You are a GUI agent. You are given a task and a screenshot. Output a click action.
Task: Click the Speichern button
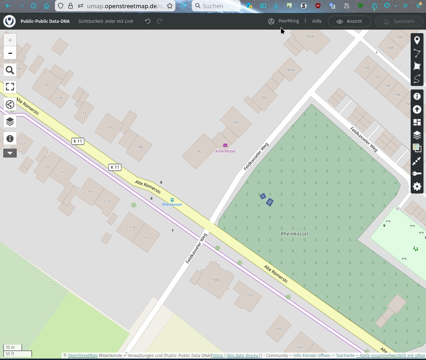pyautogui.click(x=399, y=21)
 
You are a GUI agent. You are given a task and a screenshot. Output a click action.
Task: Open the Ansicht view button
pyautogui.click(x=349, y=21)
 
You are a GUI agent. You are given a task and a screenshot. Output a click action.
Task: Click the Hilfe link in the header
pyautogui.click(x=317, y=21)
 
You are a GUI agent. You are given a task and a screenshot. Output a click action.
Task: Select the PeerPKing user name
pyautogui.click(x=288, y=21)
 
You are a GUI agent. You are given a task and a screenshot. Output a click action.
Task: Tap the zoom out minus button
pyautogui.click(x=10, y=53)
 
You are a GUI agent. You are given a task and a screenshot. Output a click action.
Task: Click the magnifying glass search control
pyautogui.click(x=10, y=70)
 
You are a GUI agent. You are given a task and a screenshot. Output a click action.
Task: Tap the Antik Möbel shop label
pyautogui.click(x=225, y=151)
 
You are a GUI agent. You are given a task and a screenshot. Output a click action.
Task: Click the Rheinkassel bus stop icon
pyautogui.click(x=172, y=200)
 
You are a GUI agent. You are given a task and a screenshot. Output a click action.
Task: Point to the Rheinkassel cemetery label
pyautogui.click(x=294, y=234)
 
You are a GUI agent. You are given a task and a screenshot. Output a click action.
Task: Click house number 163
pyautogui.click(x=236, y=122)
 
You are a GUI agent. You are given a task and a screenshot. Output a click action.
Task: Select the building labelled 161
pyautogui.click(x=200, y=151)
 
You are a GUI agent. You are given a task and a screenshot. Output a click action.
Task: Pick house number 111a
pyautogui.click(x=131, y=227)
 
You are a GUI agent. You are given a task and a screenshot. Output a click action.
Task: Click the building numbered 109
pyautogui.click(x=215, y=280)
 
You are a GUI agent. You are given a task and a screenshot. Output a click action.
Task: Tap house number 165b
pyautogui.click(x=310, y=36)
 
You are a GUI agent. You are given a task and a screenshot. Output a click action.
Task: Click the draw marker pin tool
pyautogui.click(x=417, y=40)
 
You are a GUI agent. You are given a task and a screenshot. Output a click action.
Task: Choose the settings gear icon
pyautogui.click(x=417, y=186)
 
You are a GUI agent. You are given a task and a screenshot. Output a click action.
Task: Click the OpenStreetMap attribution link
pyautogui.click(x=83, y=356)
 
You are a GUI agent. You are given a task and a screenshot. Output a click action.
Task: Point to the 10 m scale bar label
pyautogui.click(x=10, y=348)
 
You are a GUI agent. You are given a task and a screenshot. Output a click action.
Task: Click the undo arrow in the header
pyautogui.click(x=148, y=21)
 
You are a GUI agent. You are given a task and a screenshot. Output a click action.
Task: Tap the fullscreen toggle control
pyautogui.click(x=10, y=87)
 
